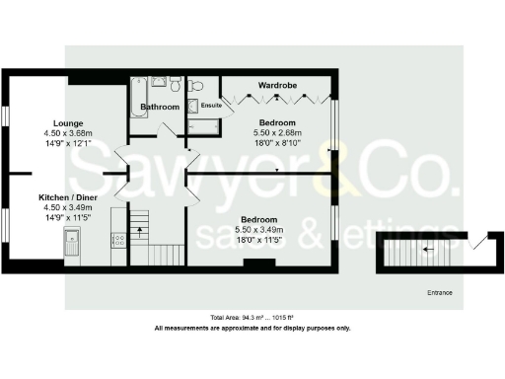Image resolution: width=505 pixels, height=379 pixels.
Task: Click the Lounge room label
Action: (53, 122)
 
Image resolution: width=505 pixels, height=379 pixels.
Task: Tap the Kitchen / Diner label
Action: (67, 197)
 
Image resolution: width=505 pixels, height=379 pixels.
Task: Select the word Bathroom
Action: (160, 106)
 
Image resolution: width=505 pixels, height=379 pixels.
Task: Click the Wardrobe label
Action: (278, 85)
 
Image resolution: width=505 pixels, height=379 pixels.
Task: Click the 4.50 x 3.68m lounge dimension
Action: (67, 133)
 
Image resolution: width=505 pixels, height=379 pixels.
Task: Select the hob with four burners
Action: (119, 238)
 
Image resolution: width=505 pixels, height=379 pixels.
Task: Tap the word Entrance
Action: (440, 293)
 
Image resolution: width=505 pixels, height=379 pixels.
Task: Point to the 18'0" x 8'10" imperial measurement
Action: (277, 142)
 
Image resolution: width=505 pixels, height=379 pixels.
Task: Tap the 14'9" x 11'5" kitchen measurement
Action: (67, 218)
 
